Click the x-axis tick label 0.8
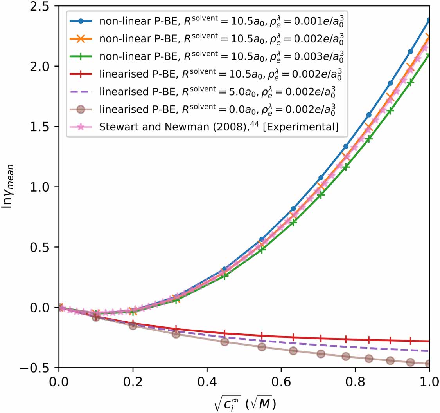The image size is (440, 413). coord(355,380)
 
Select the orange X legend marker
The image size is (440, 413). coord(80,39)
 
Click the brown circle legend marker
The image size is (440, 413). coord(80,109)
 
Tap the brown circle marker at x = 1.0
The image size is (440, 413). coord(429,364)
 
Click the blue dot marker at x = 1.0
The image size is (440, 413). coord(429,19)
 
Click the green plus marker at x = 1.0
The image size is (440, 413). coord(429,55)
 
